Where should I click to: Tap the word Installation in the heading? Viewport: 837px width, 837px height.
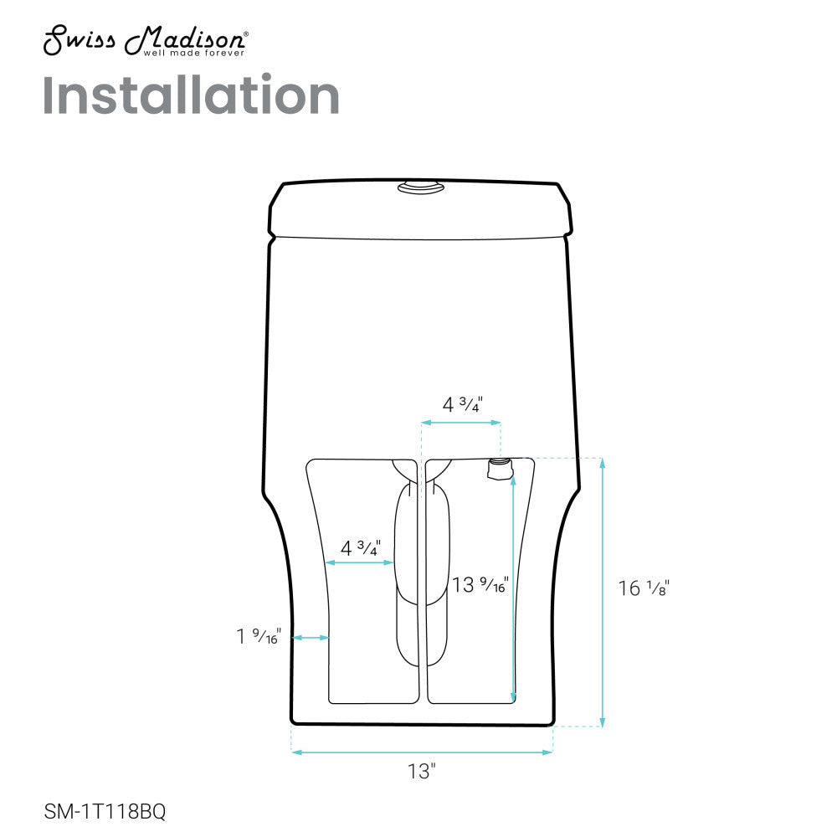coord(191,96)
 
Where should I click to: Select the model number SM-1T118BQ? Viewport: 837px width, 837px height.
coord(99,811)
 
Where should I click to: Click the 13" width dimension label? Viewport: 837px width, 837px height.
coord(423,772)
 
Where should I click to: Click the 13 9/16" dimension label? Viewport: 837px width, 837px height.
coord(480,585)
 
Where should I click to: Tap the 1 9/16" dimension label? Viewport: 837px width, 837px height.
coord(259,637)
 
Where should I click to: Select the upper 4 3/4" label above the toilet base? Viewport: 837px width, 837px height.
coord(462,404)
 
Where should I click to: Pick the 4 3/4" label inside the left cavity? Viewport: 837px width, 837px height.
coord(360,549)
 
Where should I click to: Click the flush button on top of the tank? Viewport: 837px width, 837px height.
coord(421,190)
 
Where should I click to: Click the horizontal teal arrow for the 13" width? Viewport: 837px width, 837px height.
coord(422,752)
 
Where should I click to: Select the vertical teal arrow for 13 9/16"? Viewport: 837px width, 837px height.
coord(513,590)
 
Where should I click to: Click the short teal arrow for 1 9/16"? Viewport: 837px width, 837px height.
coord(311,638)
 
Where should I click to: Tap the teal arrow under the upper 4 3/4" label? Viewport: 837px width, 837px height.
coord(461,424)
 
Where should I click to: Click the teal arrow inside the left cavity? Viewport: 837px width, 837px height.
coord(360,562)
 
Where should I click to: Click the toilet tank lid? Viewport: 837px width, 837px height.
coord(421,209)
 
